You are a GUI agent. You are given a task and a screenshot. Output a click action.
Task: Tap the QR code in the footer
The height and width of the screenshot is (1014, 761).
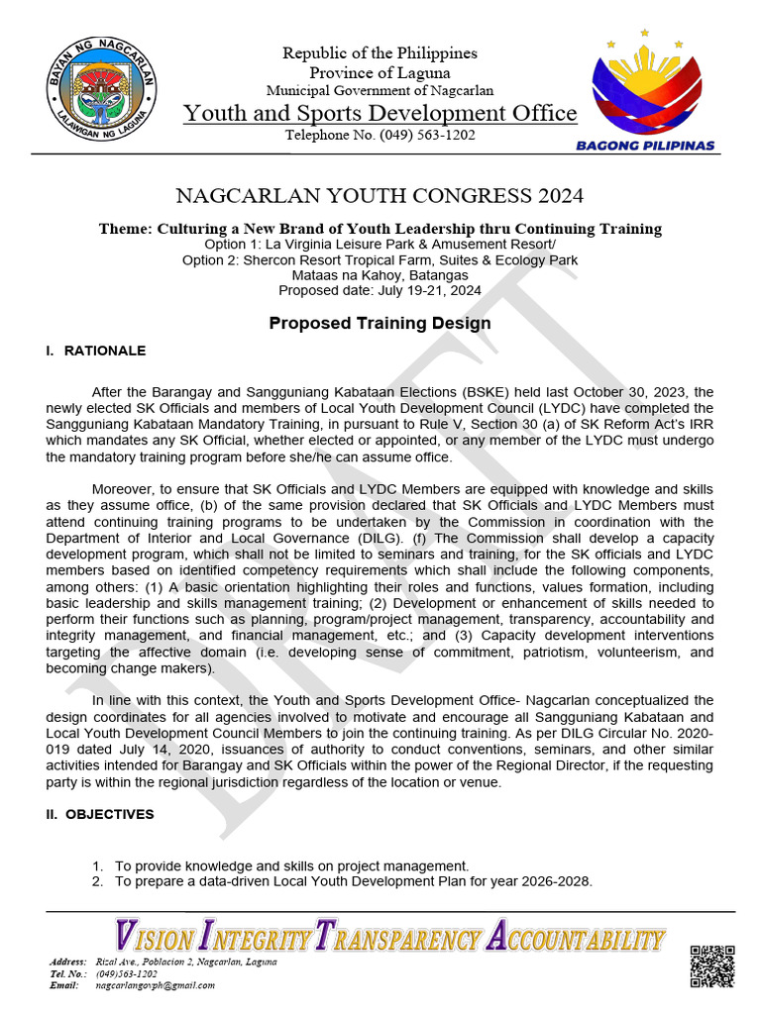(712, 965)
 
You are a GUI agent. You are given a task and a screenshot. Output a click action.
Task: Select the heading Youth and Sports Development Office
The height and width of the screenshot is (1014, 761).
(380, 113)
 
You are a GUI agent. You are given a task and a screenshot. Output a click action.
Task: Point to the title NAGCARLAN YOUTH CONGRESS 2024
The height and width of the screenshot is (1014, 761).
(380, 195)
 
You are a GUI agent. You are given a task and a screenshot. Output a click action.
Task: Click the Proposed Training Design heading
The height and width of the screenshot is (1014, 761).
(380, 324)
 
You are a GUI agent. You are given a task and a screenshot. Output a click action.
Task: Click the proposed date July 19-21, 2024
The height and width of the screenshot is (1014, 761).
(380, 290)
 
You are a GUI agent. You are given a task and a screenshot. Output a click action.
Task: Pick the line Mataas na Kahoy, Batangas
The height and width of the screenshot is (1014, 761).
(380, 275)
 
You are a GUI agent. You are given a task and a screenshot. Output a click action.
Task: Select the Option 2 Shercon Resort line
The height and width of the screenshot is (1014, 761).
(380, 260)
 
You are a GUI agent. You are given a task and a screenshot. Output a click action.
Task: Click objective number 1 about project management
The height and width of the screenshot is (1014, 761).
(291, 865)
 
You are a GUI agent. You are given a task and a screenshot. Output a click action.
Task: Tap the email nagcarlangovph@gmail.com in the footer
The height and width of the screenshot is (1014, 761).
(155, 985)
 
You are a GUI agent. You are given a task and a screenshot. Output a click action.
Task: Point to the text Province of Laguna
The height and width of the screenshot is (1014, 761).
(380, 72)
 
